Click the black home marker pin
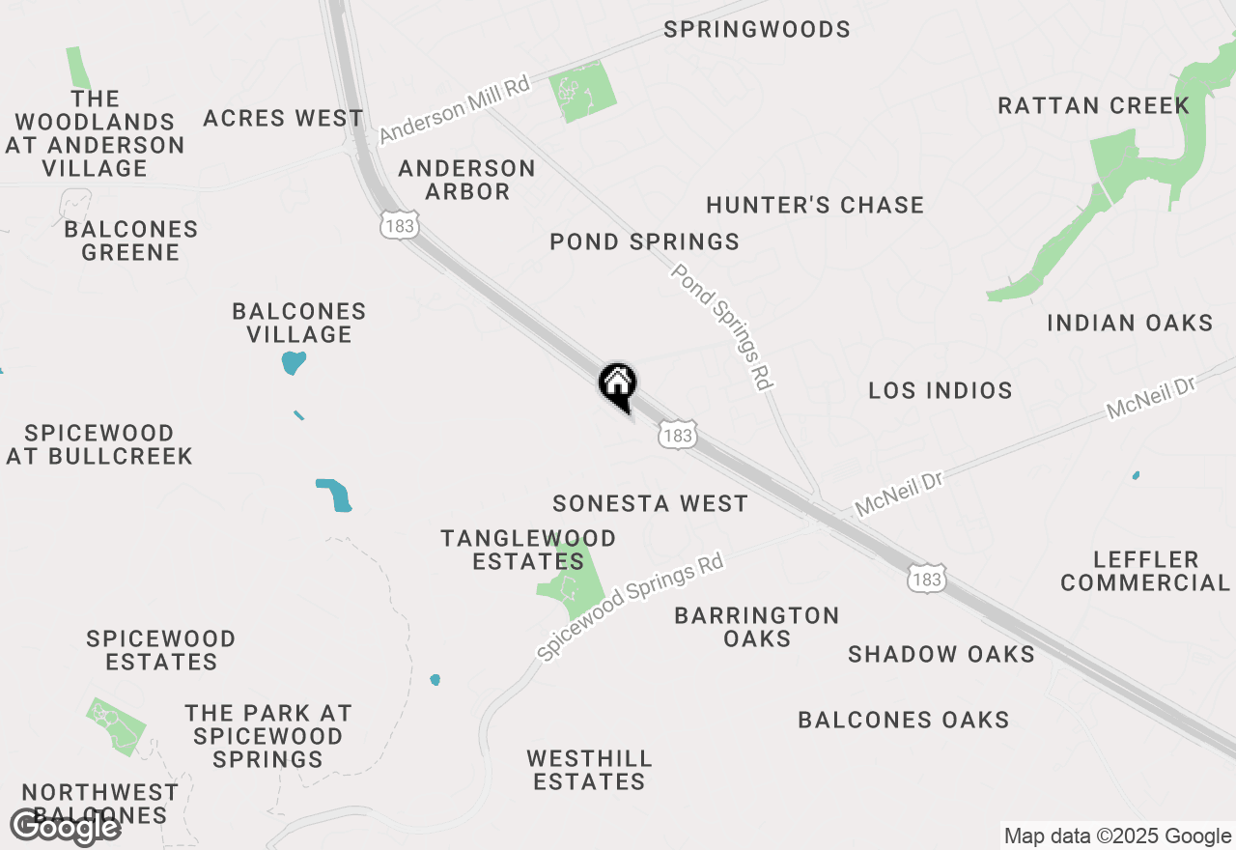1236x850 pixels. click(618, 385)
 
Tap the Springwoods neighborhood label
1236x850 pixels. click(757, 30)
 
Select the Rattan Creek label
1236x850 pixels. click(1093, 105)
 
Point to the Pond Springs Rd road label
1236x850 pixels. click(722, 326)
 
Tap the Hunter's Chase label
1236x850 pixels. click(815, 205)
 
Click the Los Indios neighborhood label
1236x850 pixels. click(940, 390)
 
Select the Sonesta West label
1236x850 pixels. click(650, 503)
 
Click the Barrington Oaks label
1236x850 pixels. click(757, 627)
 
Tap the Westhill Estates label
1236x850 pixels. click(589, 770)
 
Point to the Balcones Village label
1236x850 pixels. click(299, 323)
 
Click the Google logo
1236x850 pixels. click(65, 826)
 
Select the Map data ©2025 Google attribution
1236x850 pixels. click(1118, 836)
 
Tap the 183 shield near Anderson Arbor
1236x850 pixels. click(398, 226)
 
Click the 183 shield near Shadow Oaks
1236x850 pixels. click(926, 580)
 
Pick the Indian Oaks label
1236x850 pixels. click(1130, 323)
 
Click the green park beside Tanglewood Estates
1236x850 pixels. click(575, 582)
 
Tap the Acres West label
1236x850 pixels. click(283, 119)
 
